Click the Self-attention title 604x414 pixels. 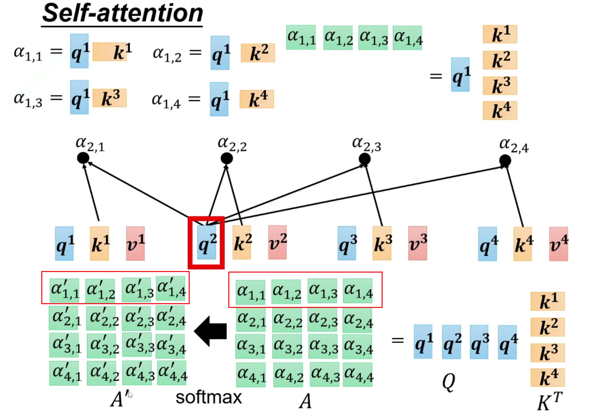tap(122, 13)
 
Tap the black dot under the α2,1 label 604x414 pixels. tap(83, 158)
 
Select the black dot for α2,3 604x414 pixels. tap(365, 159)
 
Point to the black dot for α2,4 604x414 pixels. tap(505, 160)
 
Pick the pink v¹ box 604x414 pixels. tap(135, 244)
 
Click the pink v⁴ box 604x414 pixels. tap(558, 244)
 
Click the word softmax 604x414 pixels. tap(209, 397)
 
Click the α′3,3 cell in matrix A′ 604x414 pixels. tap(137, 344)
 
